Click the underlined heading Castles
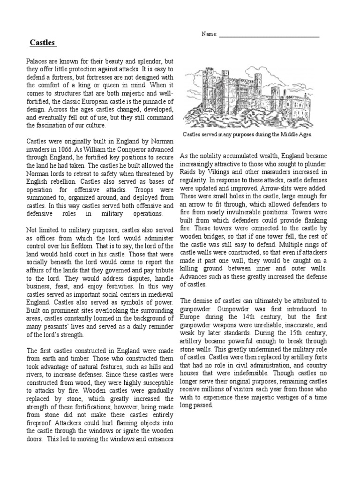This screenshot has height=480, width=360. point(43,43)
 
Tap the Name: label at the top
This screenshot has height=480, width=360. point(209,35)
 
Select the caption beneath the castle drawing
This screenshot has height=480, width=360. point(247,134)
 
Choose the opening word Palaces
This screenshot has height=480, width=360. point(38,61)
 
